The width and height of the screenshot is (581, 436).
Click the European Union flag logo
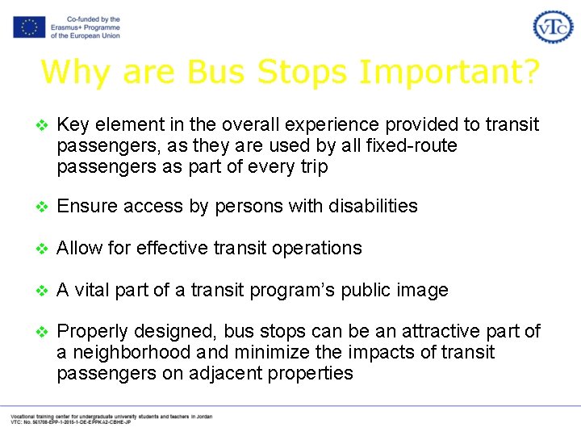point(28,27)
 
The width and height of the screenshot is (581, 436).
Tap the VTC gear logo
point(553,27)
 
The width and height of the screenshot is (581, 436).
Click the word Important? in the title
point(449,72)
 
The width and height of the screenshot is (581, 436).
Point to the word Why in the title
point(73,72)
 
